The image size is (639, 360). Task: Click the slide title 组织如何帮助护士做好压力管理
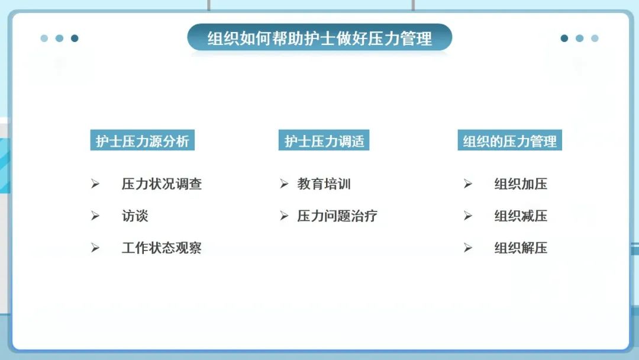319,39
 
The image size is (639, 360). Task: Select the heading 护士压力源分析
143,141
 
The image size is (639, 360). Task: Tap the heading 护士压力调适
324,141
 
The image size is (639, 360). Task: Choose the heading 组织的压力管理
509,141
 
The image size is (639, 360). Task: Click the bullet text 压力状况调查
162,184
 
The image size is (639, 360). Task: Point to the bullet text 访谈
135,216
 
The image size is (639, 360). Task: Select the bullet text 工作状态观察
162,247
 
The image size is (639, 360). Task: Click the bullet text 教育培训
324,184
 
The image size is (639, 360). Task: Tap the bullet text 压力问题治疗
337,216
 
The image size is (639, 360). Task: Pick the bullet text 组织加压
521,184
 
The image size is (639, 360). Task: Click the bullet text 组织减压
521,216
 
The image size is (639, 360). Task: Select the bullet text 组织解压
521,247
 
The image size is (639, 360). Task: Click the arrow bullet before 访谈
95,216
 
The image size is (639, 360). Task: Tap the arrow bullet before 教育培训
284,184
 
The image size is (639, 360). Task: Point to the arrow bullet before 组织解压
468,247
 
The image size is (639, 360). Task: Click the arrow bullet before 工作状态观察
95,247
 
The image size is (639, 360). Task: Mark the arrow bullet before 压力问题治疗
284,216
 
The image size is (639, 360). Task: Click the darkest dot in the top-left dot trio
75,38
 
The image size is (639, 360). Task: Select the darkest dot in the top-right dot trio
564,38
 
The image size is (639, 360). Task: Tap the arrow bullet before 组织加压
468,184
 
